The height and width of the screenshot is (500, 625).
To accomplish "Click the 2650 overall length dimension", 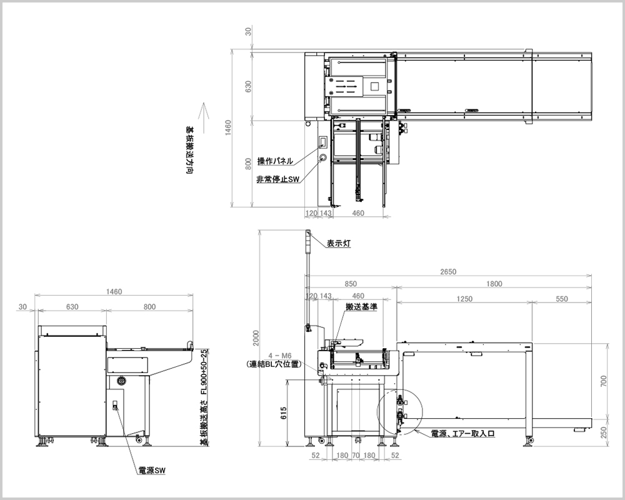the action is (448, 271).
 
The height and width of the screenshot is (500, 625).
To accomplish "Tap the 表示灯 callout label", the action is (339, 243).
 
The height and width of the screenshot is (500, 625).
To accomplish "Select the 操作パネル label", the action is (275, 161).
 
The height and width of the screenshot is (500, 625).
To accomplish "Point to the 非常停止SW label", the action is (278, 179).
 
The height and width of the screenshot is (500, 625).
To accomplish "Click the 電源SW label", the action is (151, 471).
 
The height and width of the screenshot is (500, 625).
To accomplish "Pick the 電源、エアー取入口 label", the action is (463, 433).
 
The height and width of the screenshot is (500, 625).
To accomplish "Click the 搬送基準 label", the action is (361, 307).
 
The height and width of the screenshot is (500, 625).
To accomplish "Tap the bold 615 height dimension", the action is (284, 412).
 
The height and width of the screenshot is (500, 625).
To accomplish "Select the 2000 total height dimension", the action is (256, 337).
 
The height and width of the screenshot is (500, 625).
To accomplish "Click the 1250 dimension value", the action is (464, 299).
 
